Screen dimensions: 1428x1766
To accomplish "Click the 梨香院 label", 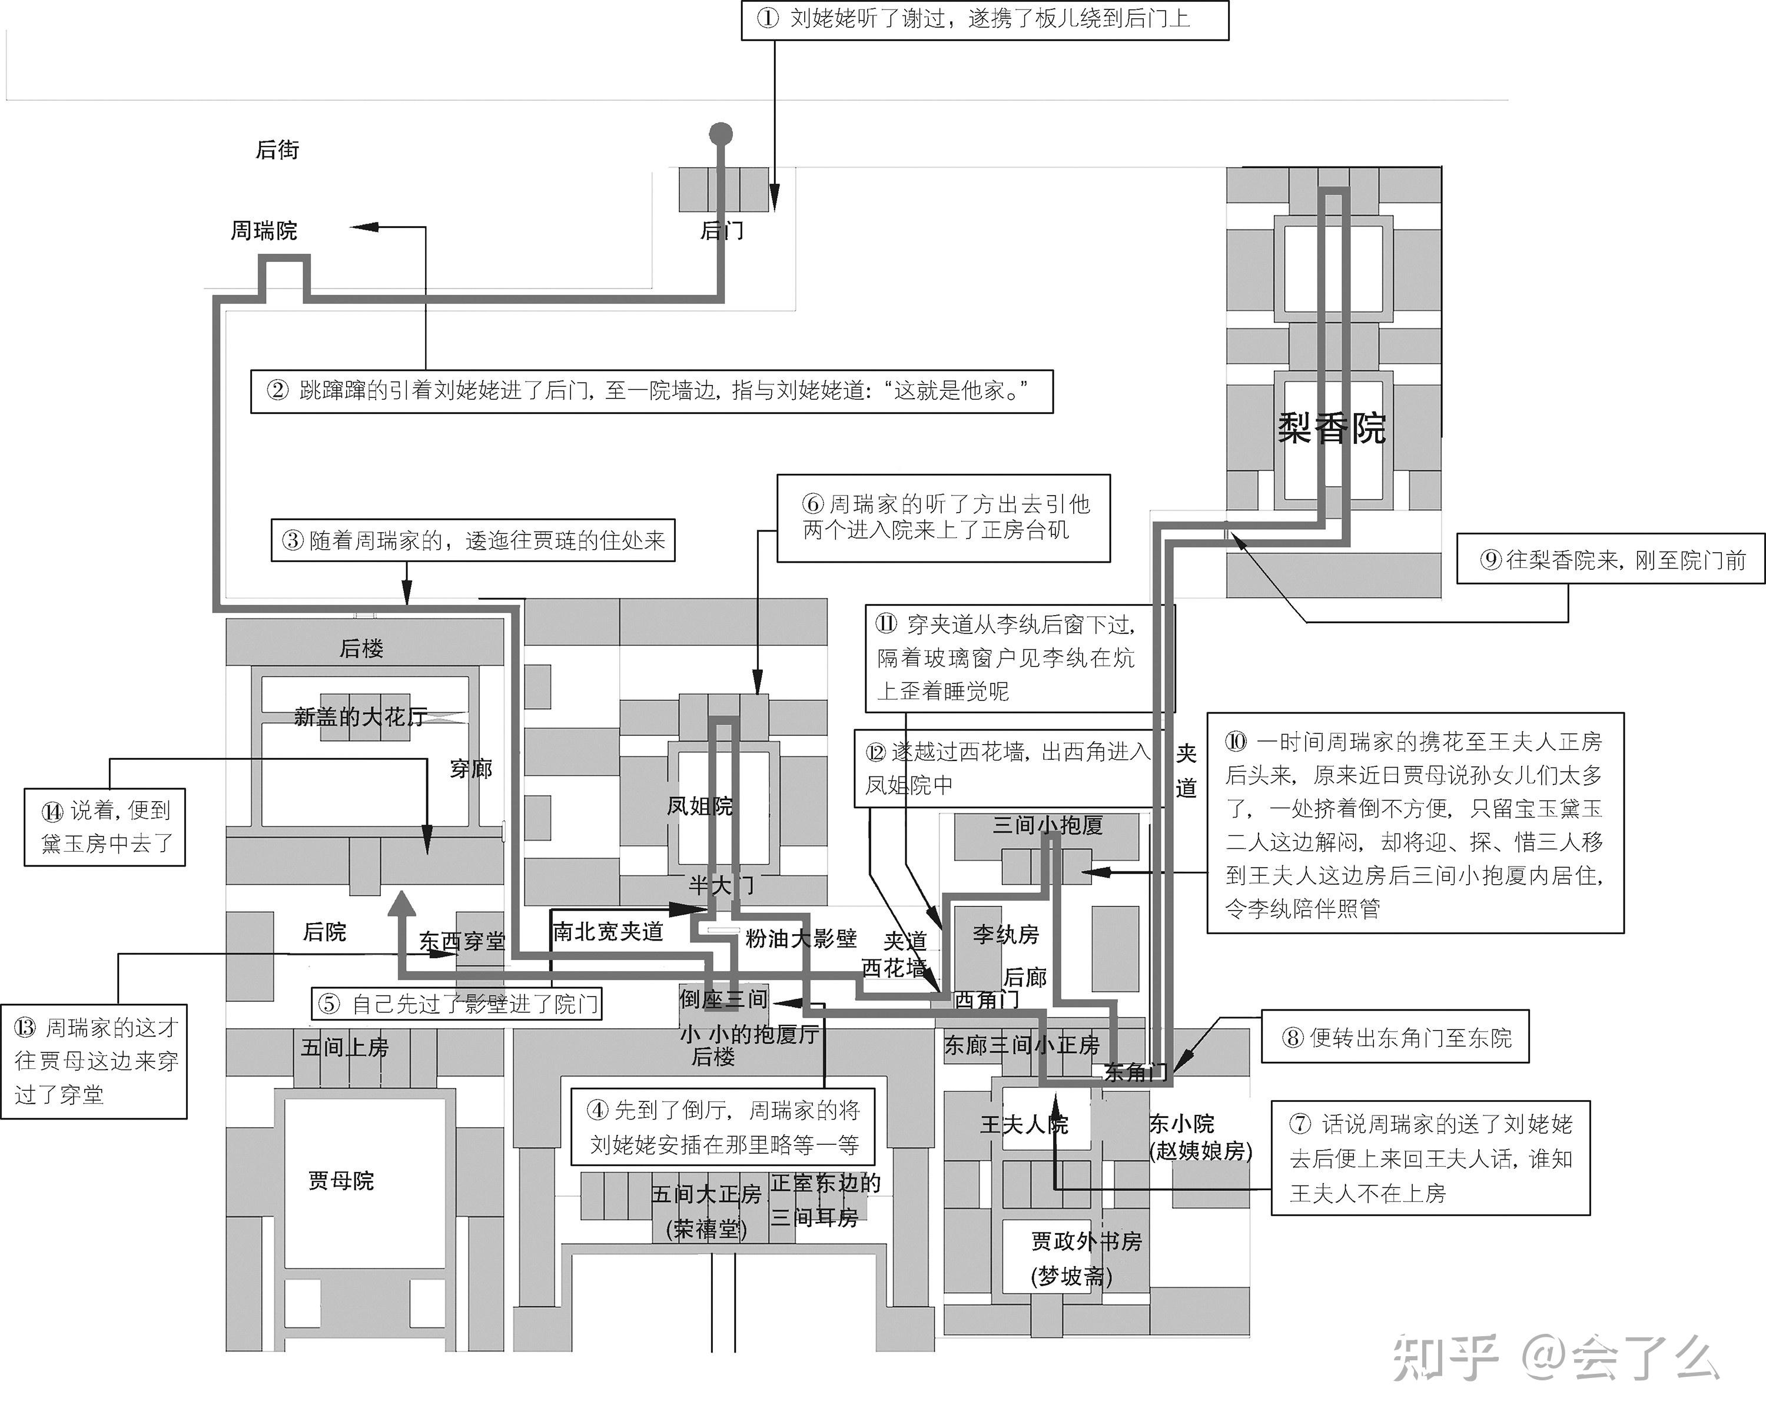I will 1331,429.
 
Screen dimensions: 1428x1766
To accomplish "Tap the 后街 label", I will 277,150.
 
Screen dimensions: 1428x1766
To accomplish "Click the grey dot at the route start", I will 721,133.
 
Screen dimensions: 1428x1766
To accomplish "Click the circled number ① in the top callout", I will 768,18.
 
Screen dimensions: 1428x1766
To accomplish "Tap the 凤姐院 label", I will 699,806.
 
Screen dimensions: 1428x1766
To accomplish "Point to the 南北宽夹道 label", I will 608,931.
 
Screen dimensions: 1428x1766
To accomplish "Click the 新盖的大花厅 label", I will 360,718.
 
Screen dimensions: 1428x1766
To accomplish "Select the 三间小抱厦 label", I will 1047,825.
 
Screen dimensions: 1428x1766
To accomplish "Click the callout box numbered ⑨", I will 1610,560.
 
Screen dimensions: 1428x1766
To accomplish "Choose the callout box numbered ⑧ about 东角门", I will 1395,1037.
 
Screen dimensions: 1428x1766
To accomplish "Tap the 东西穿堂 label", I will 462,941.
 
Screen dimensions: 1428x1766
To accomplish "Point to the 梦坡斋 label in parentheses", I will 1071,1277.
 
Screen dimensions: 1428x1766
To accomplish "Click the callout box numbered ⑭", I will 105,826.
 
